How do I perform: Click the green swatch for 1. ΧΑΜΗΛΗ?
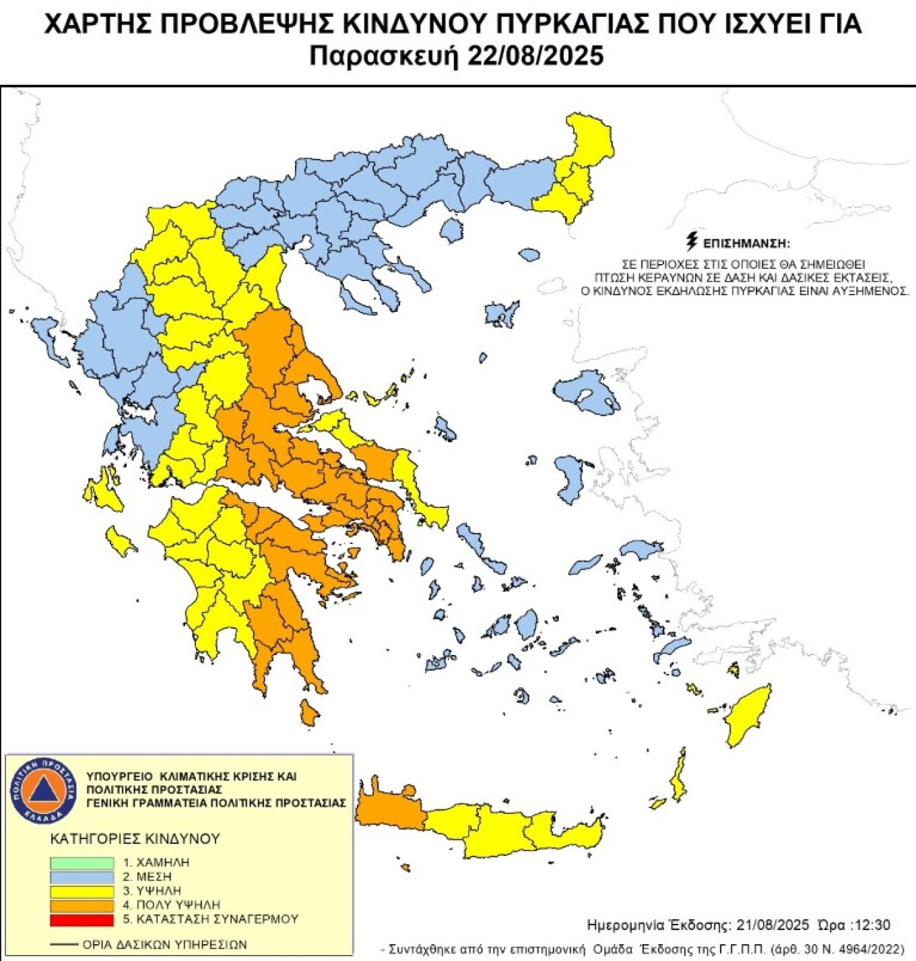[81, 863]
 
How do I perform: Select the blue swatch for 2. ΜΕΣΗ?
[81, 877]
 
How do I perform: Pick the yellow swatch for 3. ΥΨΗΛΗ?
[81, 891]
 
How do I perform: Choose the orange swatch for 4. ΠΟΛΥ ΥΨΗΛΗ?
[81, 905]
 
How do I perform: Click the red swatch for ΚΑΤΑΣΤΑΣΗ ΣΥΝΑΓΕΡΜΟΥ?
[81, 919]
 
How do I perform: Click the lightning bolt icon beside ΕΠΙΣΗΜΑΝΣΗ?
[691, 241]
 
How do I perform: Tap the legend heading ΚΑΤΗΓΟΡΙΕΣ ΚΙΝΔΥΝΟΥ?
[135, 839]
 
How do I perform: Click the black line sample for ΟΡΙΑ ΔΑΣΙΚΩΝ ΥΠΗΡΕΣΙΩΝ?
[63, 945]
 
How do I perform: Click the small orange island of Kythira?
[309, 712]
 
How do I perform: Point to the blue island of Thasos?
[451, 231]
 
